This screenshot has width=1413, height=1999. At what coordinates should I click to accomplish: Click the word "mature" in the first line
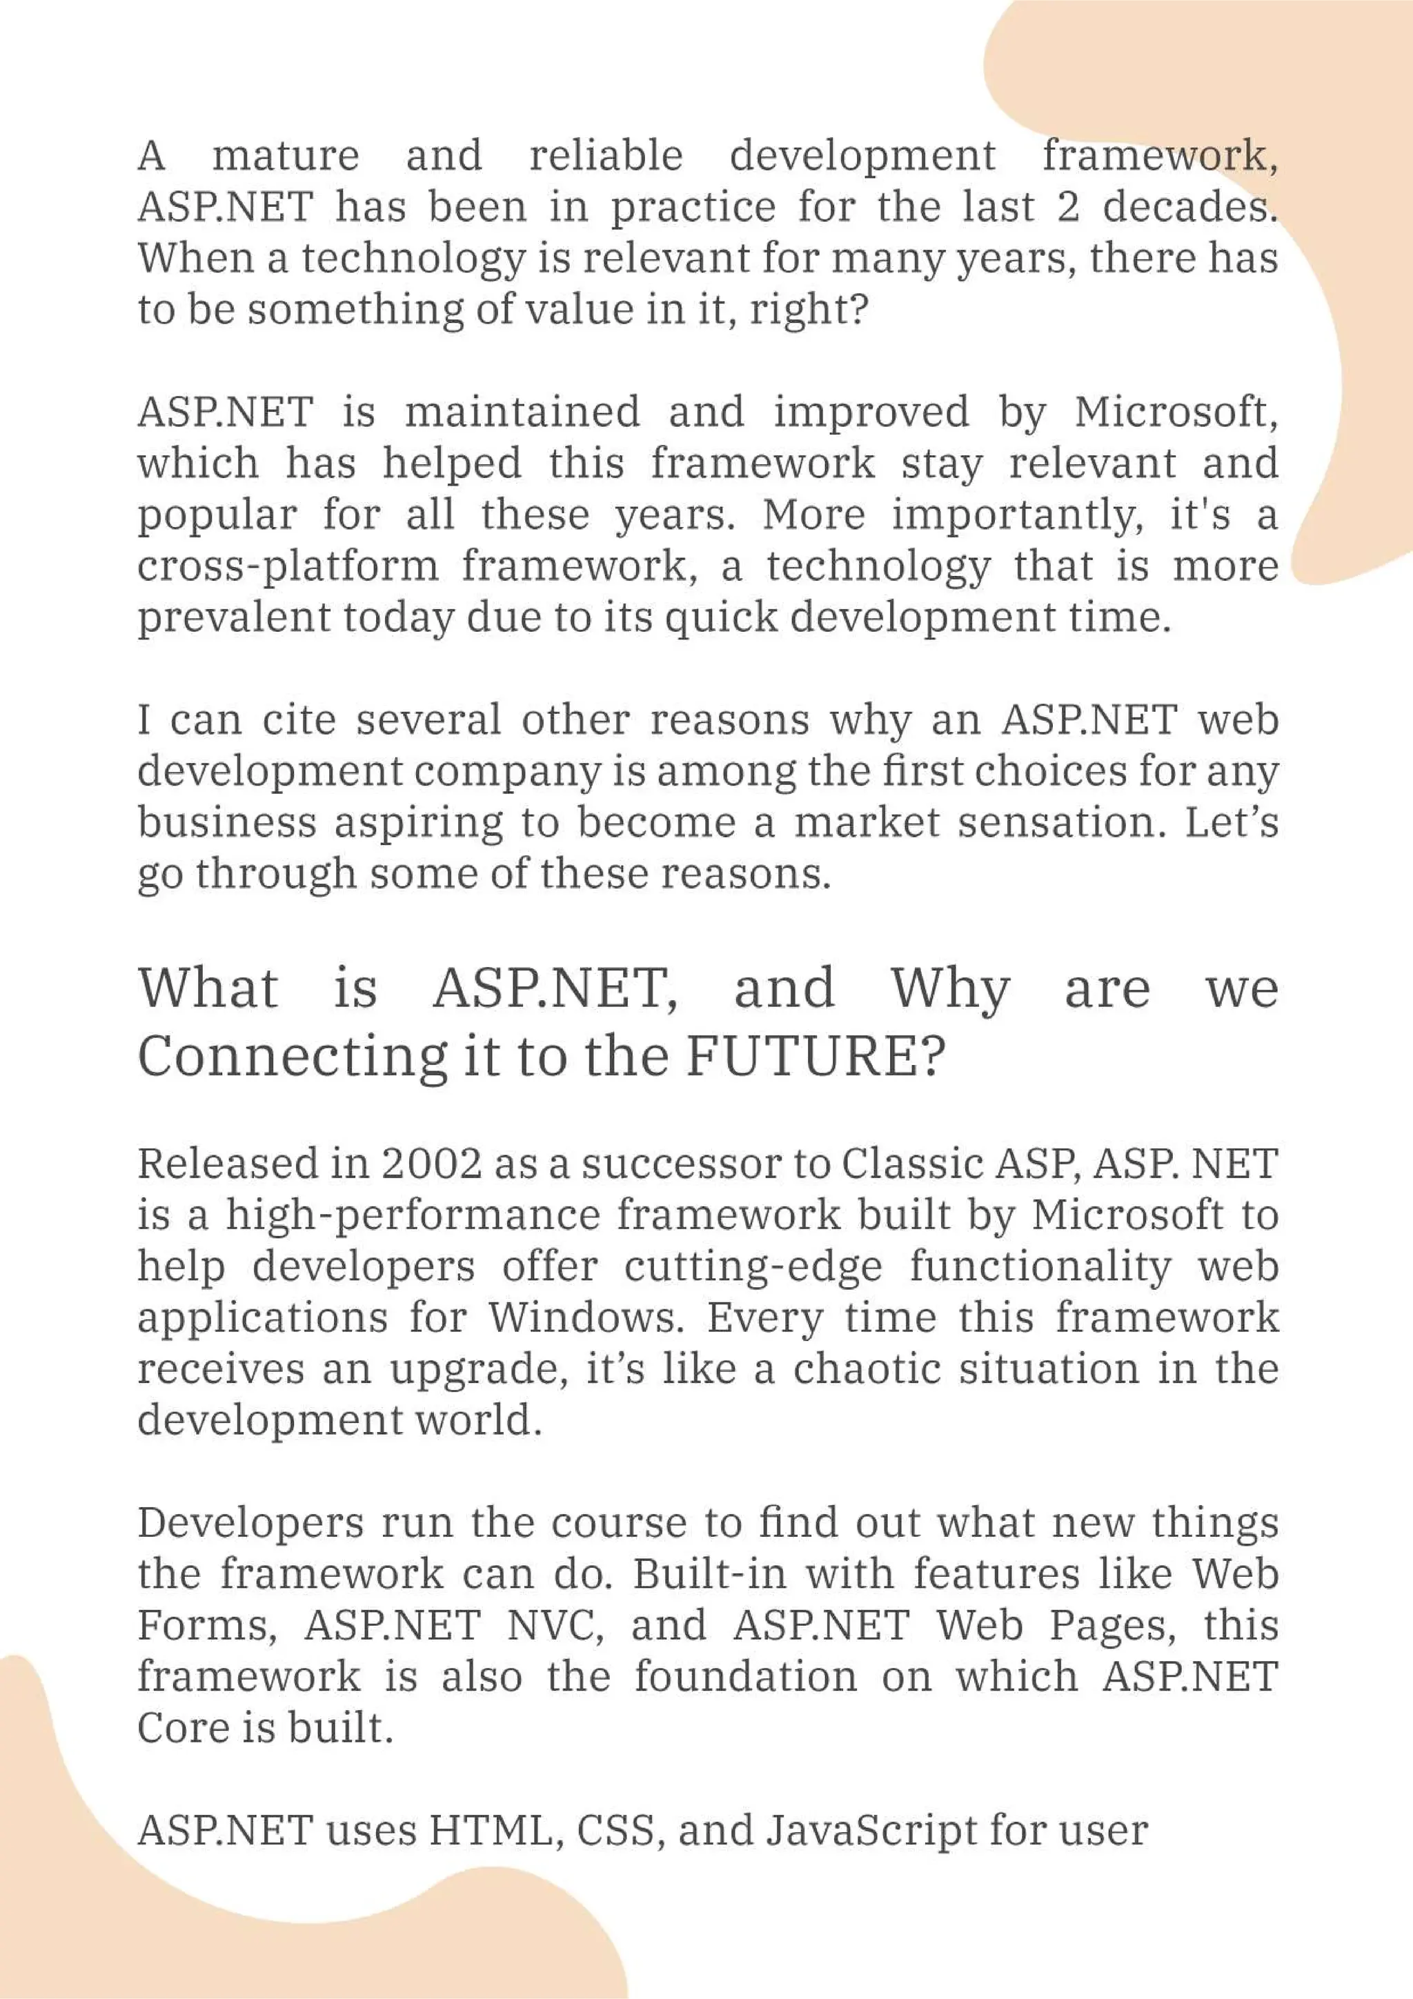(286, 157)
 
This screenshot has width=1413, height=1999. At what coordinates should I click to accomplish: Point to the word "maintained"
(522, 412)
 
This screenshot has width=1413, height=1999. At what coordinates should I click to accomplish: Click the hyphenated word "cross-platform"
(288, 567)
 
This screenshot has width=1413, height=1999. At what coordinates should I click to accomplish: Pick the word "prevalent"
(234, 618)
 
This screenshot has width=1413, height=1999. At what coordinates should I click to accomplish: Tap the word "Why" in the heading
(950, 990)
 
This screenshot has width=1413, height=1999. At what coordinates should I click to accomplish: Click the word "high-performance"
(413, 1216)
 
